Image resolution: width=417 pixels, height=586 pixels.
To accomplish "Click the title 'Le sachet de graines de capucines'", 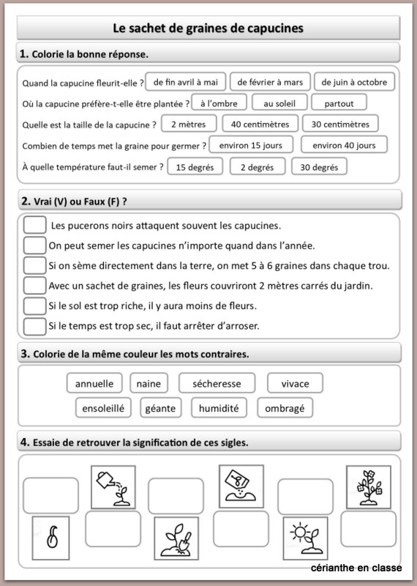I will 208,29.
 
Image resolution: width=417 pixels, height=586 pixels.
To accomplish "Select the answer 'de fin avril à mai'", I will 186,81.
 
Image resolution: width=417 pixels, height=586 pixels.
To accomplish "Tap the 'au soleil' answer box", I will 279,103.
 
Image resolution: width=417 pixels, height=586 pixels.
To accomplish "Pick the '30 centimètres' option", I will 340,124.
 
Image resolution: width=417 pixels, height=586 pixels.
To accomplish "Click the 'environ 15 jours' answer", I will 251,145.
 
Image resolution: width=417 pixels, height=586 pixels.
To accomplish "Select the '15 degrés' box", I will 195,166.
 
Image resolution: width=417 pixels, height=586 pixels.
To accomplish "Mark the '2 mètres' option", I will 189,124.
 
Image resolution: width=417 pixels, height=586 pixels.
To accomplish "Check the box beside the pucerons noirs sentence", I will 34,225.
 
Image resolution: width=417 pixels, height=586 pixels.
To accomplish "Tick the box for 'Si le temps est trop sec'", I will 34,325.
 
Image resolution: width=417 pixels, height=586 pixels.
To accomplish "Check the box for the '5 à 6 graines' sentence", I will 34,264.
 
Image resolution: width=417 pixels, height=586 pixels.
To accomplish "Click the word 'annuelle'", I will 94,383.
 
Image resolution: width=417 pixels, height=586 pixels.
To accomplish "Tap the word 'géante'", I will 161,407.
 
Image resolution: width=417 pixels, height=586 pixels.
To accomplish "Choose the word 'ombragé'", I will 285,407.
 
